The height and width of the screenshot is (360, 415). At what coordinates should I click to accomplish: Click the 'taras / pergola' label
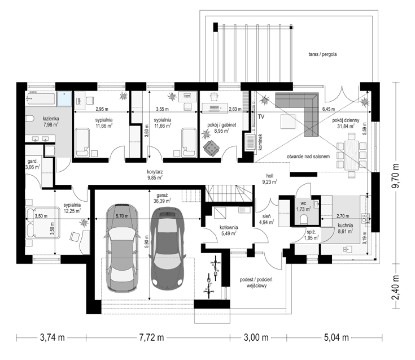[322, 54]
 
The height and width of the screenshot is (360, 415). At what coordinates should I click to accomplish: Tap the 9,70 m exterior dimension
[395, 176]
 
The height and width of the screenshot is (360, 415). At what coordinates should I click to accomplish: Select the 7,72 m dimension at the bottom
[151, 337]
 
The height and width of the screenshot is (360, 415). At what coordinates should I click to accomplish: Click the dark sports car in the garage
[167, 248]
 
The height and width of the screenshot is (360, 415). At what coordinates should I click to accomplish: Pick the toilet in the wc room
[304, 219]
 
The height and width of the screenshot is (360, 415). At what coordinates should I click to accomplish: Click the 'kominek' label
[260, 142]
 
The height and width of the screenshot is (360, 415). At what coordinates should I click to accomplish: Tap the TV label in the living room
[261, 116]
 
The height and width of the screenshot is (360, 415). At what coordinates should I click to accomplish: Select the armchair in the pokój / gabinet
[212, 148]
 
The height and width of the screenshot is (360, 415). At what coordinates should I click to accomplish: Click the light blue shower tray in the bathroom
[64, 99]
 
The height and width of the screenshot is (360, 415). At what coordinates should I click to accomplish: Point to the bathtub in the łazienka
[41, 98]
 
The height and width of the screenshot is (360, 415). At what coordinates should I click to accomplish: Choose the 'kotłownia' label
[229, 227]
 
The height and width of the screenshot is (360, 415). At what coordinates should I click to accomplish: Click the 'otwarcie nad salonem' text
[308, 157]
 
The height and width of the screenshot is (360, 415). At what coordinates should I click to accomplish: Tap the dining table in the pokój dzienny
[351, 155]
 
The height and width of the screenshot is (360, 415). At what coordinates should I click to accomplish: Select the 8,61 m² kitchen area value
[345, 231]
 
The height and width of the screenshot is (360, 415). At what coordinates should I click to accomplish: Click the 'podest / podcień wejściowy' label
[256, 283]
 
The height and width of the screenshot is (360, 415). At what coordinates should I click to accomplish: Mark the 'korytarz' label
[155, 172]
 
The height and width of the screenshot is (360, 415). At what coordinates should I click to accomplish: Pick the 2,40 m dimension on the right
[395, 288]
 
